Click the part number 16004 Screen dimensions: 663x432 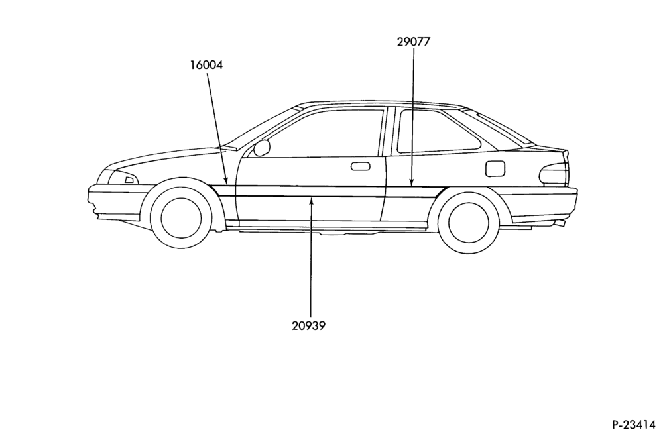[206, 65]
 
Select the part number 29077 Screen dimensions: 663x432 [414, 42]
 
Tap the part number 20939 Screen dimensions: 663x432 [309, 326]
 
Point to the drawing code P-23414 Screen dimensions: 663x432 [636, 423]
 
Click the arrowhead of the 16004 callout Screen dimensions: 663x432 [226, 181]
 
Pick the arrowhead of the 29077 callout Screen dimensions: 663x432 [412, 182]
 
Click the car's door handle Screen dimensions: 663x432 [360, 166]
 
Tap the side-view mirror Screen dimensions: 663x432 [262, 148]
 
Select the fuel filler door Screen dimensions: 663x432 [495, 168]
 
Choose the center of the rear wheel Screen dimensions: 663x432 [469, 223]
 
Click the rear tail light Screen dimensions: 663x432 [554, 174]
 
